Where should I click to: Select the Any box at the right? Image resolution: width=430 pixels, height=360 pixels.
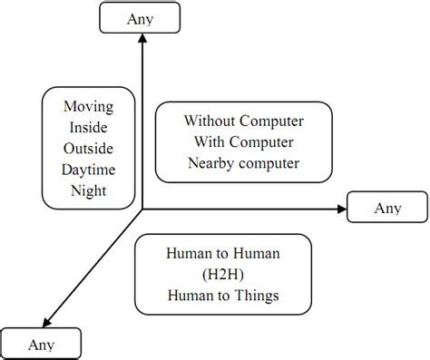387,209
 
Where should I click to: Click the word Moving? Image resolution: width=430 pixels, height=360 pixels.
83,106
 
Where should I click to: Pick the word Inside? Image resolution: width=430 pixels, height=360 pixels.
83,127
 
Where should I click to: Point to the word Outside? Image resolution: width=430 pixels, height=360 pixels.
83,149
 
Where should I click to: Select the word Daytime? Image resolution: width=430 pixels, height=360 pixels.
83,170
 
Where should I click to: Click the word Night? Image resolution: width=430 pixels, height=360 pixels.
83,190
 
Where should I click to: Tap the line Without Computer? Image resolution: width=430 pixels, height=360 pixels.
243,120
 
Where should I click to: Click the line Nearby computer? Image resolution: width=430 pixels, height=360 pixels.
243,162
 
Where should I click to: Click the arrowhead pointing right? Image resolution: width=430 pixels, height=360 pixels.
342,209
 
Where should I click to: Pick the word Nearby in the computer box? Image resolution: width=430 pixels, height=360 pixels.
210,162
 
